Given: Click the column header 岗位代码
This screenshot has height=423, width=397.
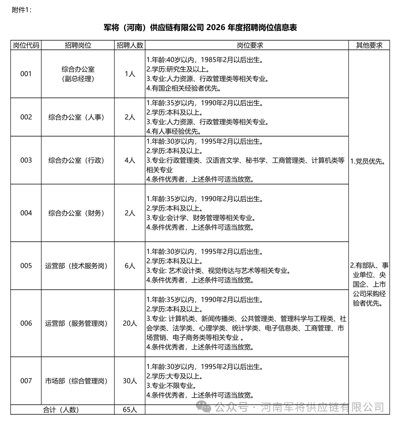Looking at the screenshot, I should [x=26, y=45].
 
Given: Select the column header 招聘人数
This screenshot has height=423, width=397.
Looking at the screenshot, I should [x=130, y=45].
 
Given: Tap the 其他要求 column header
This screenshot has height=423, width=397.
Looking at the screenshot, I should [x=369, y=45].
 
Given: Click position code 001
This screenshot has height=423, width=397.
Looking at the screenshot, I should [x=26, y=74].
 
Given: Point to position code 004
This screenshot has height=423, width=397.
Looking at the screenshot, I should [x=26, y=213].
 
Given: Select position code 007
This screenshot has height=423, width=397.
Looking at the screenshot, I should [x=26, y=381].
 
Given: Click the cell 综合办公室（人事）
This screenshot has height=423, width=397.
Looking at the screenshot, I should [x=78, y=117].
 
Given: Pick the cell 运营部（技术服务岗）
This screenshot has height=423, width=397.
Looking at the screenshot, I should [x=78, y=265].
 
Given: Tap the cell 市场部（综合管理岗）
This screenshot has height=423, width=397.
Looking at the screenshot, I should [x=78, y=381].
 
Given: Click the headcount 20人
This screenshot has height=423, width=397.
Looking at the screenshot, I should [x=130, y=323].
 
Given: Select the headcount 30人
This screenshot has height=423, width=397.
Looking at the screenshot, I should [x=130, y=381].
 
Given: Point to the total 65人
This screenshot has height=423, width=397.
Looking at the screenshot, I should [x=130, y=409].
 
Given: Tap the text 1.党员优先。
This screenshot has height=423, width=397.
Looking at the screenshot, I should [x=368, y=161].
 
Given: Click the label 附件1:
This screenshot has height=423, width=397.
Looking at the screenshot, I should [x=22, y=10].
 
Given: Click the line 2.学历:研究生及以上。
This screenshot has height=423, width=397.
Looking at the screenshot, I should [x=178, y=69].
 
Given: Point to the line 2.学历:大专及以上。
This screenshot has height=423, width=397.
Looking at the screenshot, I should [x=175, y=376].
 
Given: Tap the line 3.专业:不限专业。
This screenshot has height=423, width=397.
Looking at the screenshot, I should [x=171, y=386].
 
